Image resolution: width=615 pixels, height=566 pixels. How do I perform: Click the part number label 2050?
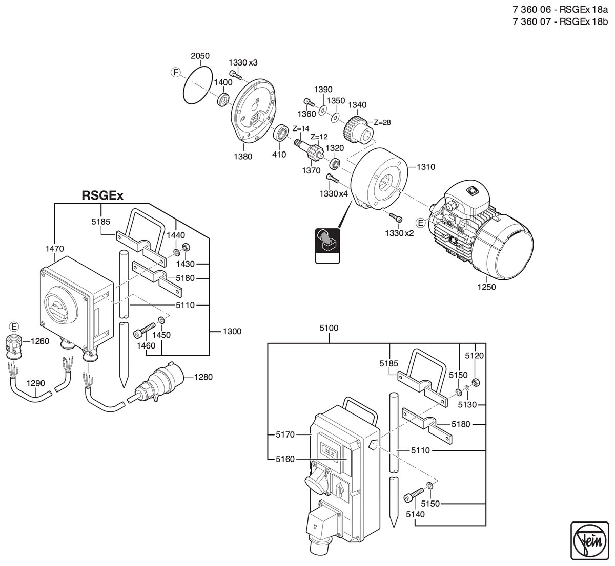(200, 56)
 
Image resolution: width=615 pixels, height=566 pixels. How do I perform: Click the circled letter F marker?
(175, 73)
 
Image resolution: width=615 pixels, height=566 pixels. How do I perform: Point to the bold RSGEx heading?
(102, 195)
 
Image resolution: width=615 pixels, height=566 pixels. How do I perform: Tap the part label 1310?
(425, 167)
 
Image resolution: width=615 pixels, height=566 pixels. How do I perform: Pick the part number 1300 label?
(232, 332)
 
